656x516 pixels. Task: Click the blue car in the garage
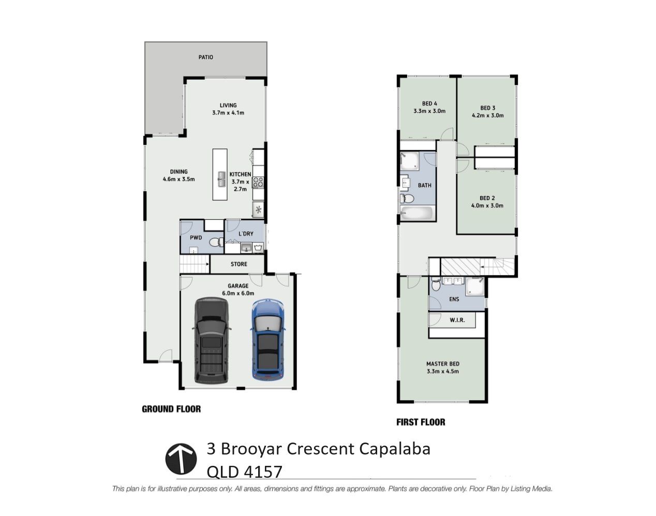coord(267,340)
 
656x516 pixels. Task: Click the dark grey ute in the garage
coord(212,340)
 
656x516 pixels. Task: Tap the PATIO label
coord(206,57)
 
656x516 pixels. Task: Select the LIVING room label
coord(228,105)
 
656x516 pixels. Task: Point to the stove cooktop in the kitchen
coord(258,183)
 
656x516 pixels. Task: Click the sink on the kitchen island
coord(221,179)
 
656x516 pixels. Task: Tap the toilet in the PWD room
coord(216,242)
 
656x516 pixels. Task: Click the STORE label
coord(238,264)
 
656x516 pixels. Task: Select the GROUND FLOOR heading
coord(171,409)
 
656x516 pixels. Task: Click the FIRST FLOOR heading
coord(421,422)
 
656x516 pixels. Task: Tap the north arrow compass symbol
coord(181,459)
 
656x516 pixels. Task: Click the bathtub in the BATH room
coord(416,213)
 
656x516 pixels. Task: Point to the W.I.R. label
coord(457,320)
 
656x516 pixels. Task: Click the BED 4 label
coord(429,103)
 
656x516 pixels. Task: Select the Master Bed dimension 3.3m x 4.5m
coord(443,371)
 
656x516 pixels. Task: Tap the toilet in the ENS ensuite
coord(435,285)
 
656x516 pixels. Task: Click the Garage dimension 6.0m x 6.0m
coord(238,293)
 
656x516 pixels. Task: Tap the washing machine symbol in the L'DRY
coord(258,248)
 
